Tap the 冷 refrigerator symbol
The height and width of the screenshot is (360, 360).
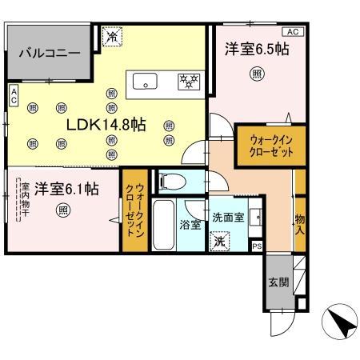point(113,36)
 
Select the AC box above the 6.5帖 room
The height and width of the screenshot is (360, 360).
point(292,31)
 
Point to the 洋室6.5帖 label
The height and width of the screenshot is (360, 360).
point(255,50)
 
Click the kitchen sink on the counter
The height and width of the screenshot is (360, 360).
point(147,80)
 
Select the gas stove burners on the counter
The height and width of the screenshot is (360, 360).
point(189,80)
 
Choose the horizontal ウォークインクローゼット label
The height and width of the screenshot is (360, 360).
point(266,145)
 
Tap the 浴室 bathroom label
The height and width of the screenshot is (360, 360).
point(190,225)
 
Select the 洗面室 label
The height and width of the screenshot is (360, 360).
point(226,217)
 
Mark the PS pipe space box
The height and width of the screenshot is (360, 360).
point(256,246)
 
